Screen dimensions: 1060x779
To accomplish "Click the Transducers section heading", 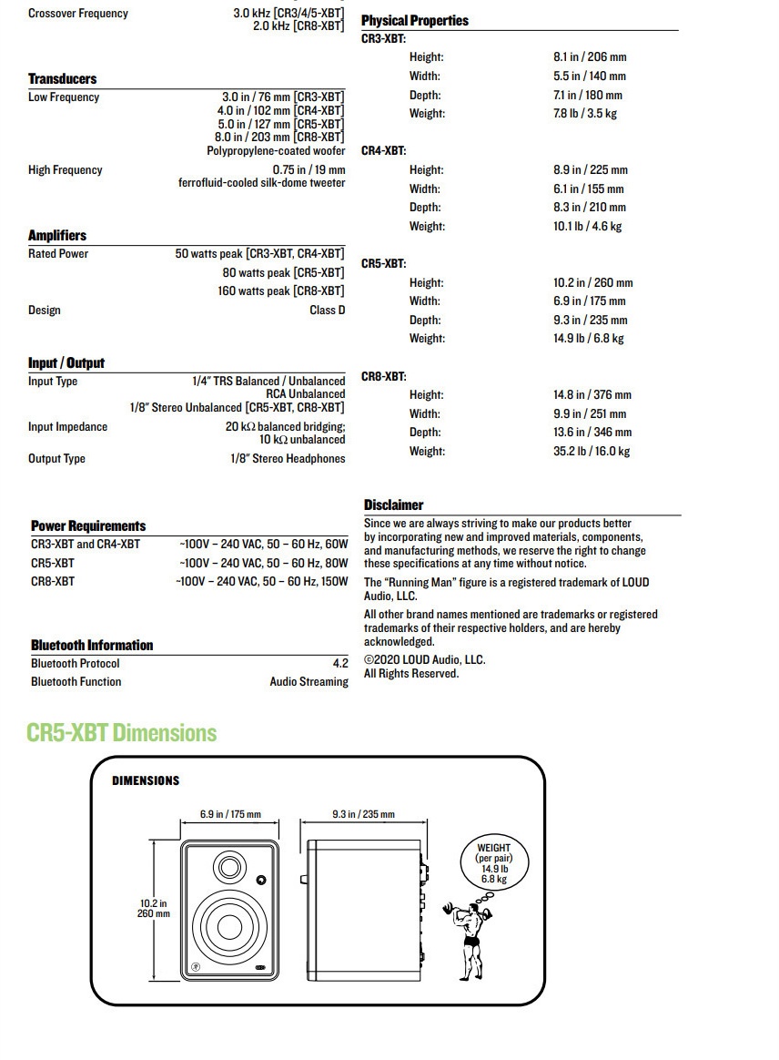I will pyautogui.click(x=62, y=78).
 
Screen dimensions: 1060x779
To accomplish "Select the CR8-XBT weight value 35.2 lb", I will pyautogui.click(x=592, y=451).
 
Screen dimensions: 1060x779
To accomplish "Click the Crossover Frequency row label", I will pyautogui.click(x=78, y=14).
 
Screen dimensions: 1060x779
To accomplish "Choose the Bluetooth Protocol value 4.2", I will pyautogui.click(x=340, y=664).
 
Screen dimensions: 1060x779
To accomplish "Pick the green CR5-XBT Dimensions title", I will pyautogui.click(x=122, y=733).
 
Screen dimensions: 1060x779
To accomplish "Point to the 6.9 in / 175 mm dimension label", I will pyautogui.click(x=230, y=814).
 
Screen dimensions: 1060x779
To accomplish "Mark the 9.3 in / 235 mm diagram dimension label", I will pyautogui.click(x=363, y=814).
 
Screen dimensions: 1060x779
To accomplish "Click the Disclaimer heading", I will pyautogui.click(x=394, y=505).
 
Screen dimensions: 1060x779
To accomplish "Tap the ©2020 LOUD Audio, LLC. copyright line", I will pyautogui.click(x=425, y=660).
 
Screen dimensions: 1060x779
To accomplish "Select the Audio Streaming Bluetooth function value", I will pyautogui.click(x=309, y=681).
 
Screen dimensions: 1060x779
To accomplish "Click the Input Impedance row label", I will pyautogui.click(x=67, y=426).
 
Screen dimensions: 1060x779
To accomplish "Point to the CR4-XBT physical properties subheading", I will pyautogui.click(x=383, y=150).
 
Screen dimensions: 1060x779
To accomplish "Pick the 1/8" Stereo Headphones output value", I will pyautogui.click(x=288, y=458).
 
